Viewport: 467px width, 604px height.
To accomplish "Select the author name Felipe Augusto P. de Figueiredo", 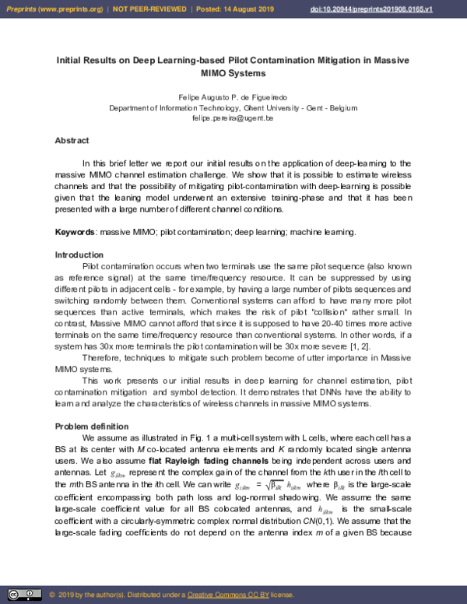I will [x=233, y=97].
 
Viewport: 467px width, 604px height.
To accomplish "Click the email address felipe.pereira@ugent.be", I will [x=233, y=118].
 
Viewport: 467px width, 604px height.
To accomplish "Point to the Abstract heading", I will [x=72, y=141].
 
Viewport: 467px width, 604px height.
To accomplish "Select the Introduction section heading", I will [x=79, y=255].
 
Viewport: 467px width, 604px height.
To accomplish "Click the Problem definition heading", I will [x=91, y=427].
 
